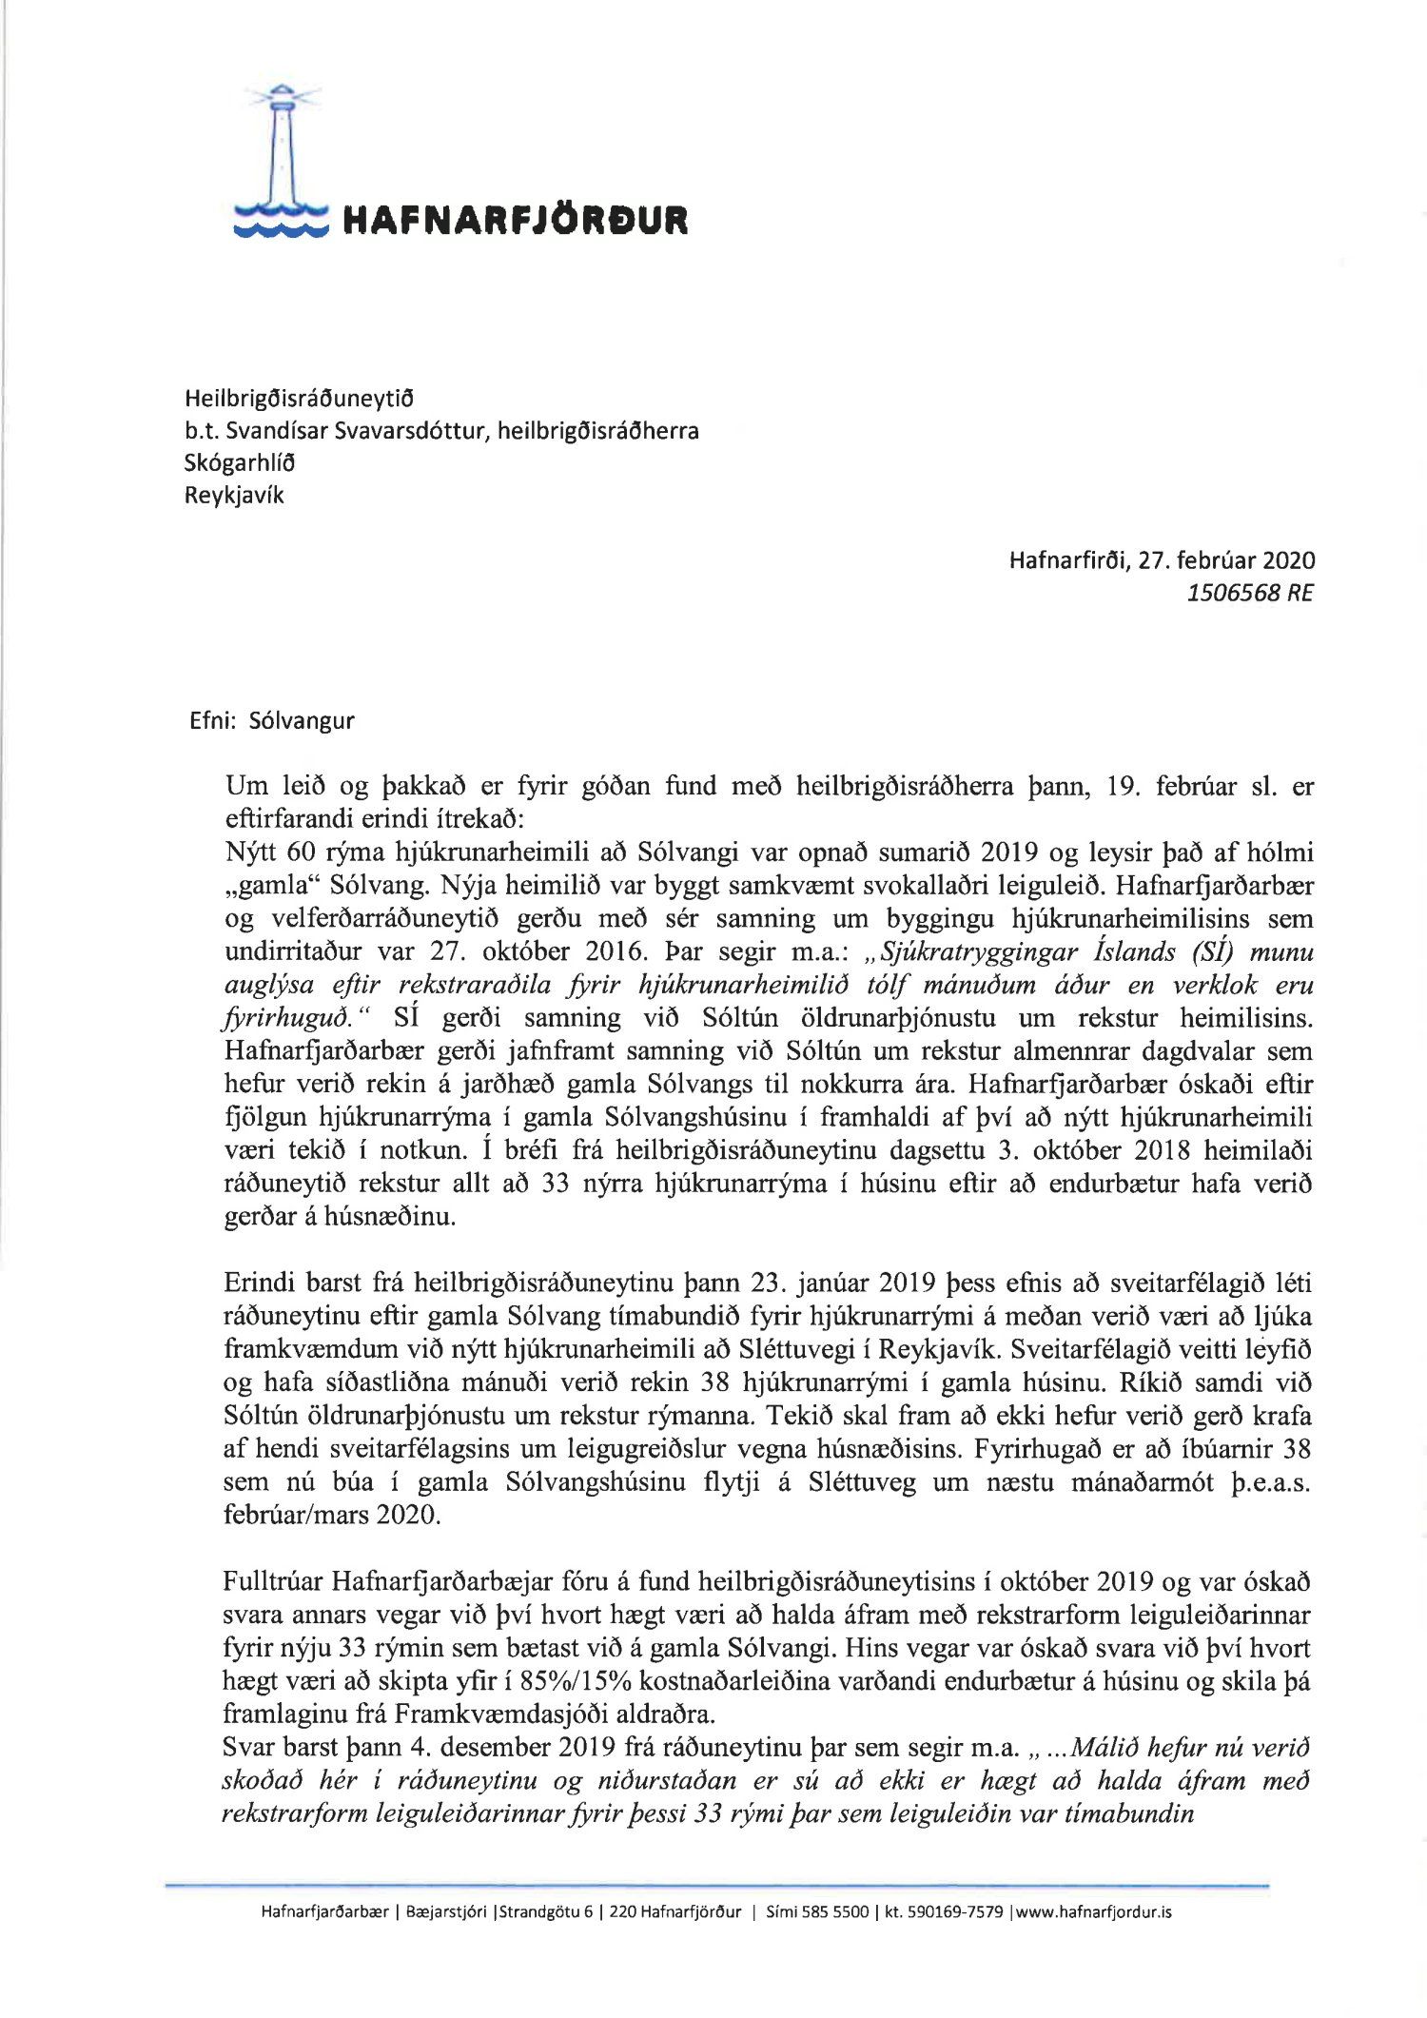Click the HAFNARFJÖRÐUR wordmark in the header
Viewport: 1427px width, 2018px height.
click(x=514, y=221)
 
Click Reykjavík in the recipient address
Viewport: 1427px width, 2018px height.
click(x=234, y=495)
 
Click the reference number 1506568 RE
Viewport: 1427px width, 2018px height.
click(x=1249, y=593)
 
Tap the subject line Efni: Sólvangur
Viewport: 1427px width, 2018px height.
click(x=272, y=720)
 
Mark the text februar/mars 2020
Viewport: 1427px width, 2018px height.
click(x=331, y=1515)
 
